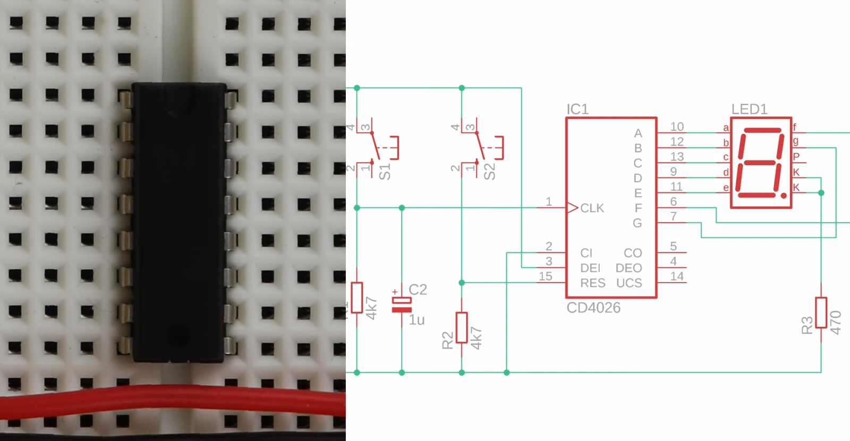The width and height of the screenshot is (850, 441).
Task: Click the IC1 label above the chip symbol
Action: click(x=577, y=109)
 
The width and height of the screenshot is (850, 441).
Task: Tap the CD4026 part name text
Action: click(x=593, y=308)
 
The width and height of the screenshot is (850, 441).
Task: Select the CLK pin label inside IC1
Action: click(x=592, y=208)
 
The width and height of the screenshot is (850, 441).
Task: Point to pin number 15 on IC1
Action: click(x=546, y=276)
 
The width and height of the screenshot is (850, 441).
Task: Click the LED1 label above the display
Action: click(x=749, y=109)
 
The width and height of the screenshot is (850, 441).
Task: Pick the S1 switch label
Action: click(x=385, y=172)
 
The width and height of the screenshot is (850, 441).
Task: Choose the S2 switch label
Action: click(x=489, y=172)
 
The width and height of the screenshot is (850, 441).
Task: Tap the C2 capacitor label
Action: click(x=418, y=290)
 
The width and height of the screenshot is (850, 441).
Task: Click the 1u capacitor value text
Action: click(x=416, y=320)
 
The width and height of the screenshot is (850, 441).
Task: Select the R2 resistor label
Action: click(x=448, y=340)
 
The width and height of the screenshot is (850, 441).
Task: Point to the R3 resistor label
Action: click(x=807, y=325)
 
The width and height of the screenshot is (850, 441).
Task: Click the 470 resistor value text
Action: click(x=836, y=323)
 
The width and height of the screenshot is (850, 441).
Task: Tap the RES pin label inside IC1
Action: click(x=592, y=283)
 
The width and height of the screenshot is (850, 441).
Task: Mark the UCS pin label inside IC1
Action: click(x=629, y=283)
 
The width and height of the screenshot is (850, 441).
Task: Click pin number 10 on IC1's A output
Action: click(x=677, y=126)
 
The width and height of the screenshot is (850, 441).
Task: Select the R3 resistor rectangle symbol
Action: click(x=821, y=312)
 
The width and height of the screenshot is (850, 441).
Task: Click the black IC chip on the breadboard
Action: click(x=180, y=223)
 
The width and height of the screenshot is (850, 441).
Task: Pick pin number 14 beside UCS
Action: click(x=677, y=276)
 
